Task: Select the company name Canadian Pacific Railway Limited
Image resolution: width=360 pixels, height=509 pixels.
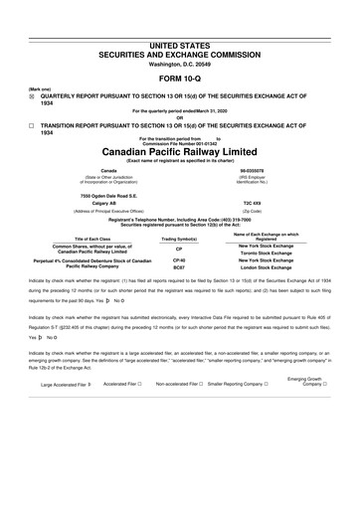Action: click(x=179, y=151)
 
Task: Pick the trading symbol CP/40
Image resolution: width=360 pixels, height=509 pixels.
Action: click(x=179, y=259)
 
